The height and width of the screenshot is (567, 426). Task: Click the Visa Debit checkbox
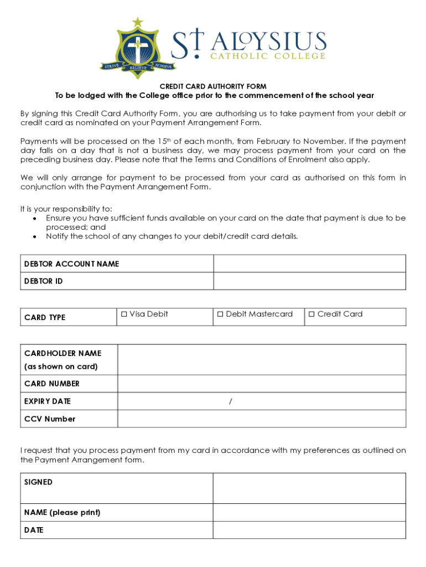[124, 315]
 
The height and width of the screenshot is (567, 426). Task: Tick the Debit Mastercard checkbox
[220, 315]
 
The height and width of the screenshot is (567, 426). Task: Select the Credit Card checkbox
[311, 315]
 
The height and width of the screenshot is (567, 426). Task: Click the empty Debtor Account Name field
[309, 264]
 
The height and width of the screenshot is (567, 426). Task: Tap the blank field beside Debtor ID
[309, 281]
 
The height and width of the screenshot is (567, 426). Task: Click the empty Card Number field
[261, 384]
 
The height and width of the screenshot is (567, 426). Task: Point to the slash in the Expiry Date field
[230, 401]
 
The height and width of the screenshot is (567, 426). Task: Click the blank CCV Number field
[261, 419]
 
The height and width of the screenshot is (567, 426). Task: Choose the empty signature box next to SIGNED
[309, 488]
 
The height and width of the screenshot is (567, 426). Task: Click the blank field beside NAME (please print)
[309, 513]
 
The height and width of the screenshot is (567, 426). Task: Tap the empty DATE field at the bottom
[309, 530]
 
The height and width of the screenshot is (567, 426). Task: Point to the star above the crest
[137, 22]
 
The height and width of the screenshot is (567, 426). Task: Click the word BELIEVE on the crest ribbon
[138, 68]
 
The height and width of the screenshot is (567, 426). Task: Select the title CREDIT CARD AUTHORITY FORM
[213, 86]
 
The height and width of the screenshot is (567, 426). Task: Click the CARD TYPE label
[45, 317]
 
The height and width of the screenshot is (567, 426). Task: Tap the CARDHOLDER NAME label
[63, 353]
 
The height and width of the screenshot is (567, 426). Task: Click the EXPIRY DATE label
[48, 401]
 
